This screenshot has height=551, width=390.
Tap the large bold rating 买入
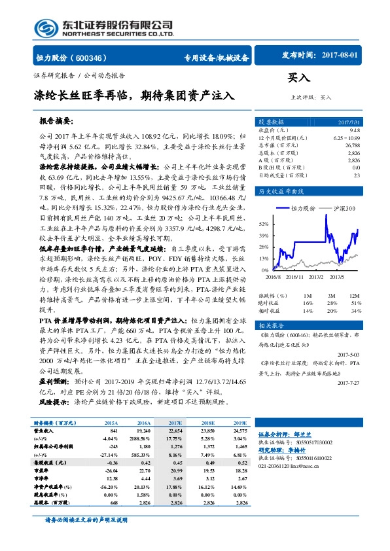(x=299, y=78)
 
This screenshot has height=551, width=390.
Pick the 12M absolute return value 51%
(x=355, y=303)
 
